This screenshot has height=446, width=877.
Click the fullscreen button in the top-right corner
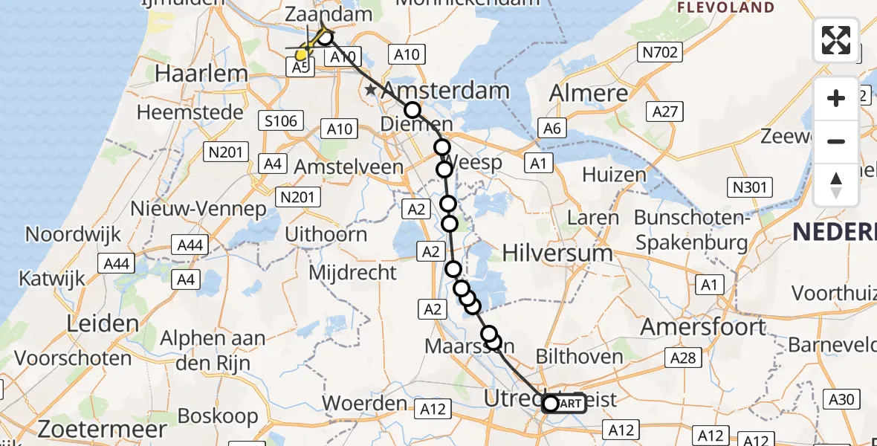click(836, 39)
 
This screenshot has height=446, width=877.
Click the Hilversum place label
click(557, 253)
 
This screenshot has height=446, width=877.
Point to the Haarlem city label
click(201, 74)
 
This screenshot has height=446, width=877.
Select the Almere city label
click(589, 93)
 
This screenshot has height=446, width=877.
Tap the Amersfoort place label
click(703, 326)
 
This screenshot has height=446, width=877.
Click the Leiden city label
click(103, 323)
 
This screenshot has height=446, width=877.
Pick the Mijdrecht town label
click(353, 272)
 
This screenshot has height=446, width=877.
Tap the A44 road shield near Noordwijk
click(116, 263)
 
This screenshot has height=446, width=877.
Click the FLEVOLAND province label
click(725, 8)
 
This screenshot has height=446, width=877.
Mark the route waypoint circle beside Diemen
click(412, 110)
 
